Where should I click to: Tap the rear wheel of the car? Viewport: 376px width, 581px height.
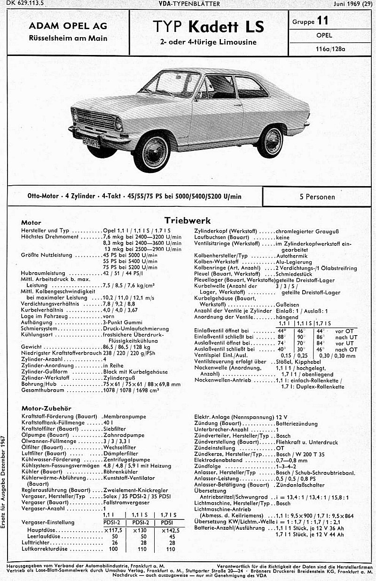pos(270,141)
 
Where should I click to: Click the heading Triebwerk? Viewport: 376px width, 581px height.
pos(188,220)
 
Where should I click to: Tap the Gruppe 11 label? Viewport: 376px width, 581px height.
pos(310,21)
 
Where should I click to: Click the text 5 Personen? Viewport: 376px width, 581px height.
pos(318,197)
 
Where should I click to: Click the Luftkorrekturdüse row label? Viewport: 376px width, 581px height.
pos(45,549)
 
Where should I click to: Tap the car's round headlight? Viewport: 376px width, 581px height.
pos(118,124)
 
